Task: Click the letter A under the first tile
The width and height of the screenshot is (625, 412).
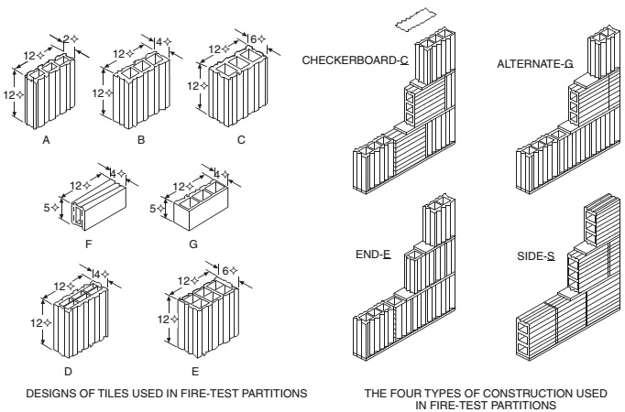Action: tap(46, 140)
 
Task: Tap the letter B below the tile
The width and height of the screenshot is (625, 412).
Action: tap(141, 140)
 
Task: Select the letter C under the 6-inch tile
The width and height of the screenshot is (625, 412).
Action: tap(241, 140)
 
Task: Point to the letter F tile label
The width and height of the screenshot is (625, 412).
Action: tap(89, 244)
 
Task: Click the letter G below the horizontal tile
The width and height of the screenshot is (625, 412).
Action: tap(193, 244)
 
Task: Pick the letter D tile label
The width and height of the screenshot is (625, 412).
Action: tap(68, 372)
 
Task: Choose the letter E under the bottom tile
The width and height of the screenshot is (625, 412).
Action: tap(195, 372)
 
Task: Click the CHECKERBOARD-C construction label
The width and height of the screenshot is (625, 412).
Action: tap(356, 60)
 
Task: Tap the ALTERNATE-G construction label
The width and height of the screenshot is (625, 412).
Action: tap(535, 64)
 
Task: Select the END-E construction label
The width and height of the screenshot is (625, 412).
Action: tap(373, 255)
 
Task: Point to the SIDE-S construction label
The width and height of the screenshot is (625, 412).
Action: tap(536, 256)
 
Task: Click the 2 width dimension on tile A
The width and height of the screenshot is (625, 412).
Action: tap(67, 38)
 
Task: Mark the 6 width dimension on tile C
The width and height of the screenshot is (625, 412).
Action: tap(253, 39)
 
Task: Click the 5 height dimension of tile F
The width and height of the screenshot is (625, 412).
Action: tap(47, 208)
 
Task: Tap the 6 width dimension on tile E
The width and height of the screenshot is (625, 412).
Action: tap(225, 271)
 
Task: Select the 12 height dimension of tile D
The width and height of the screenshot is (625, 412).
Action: tap(37, 322)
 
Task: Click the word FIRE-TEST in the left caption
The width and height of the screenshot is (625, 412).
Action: tap(209, 394)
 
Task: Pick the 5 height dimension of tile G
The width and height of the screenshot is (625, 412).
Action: tap(153, 208)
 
